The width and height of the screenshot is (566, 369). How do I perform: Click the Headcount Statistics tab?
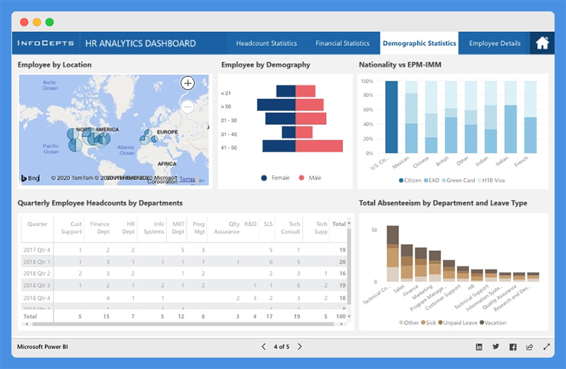(x=266, y=43)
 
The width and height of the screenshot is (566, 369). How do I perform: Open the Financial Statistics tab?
(x=342, y=43)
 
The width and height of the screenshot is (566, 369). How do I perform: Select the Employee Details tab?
(x=495, y=43)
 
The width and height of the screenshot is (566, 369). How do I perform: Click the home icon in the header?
(x=542, y=43)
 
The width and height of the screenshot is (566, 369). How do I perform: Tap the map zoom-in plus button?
(x=187, y=83)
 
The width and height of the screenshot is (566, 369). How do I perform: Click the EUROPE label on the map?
(x=167, y=132)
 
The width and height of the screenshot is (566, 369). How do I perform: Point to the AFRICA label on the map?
(x=167, y=163)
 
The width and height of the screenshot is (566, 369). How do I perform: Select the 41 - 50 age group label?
(x=229, y=147)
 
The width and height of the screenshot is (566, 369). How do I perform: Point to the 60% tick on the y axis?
(x=366, y=110)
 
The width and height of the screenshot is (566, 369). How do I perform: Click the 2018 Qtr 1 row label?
(x=37, y=262)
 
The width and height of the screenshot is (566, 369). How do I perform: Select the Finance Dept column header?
(x=100, y=228)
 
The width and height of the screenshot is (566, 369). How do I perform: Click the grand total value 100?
(x=340, y=317)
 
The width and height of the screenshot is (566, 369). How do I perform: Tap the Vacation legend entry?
(x=495, y=322)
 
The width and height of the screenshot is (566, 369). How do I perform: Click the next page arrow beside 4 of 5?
(x=299, y=346)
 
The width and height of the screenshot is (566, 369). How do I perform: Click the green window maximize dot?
(x=50, y=22)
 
